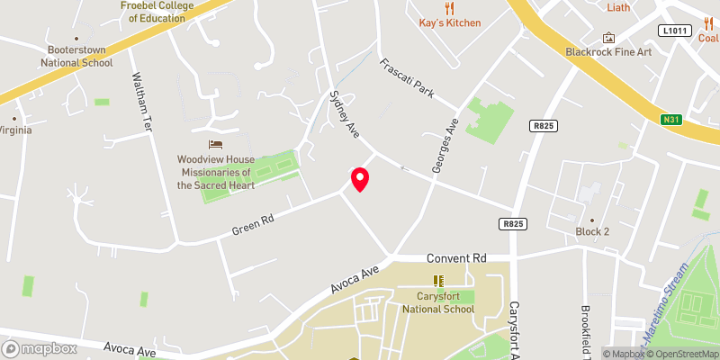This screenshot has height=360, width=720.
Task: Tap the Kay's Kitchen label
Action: (450, 22)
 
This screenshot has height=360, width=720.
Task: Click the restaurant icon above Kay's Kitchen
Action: (450, 6)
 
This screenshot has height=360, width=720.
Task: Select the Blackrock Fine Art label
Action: (609, 52)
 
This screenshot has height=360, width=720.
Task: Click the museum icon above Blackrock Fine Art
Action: (609, 38)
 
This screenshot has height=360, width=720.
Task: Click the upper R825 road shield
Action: (543, 127)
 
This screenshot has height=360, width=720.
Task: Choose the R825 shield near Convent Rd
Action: (511, 223)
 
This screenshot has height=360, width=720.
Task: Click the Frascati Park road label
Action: (407, 79)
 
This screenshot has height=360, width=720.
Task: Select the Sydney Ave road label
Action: (345, 113)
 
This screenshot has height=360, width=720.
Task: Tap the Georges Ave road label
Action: (447, 145)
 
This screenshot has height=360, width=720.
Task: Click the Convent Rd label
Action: (456, 258)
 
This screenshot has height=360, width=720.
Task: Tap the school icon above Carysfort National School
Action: (438, 281)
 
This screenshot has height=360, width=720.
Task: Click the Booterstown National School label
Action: (76, 57)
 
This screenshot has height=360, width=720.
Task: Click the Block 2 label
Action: (592, 231)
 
